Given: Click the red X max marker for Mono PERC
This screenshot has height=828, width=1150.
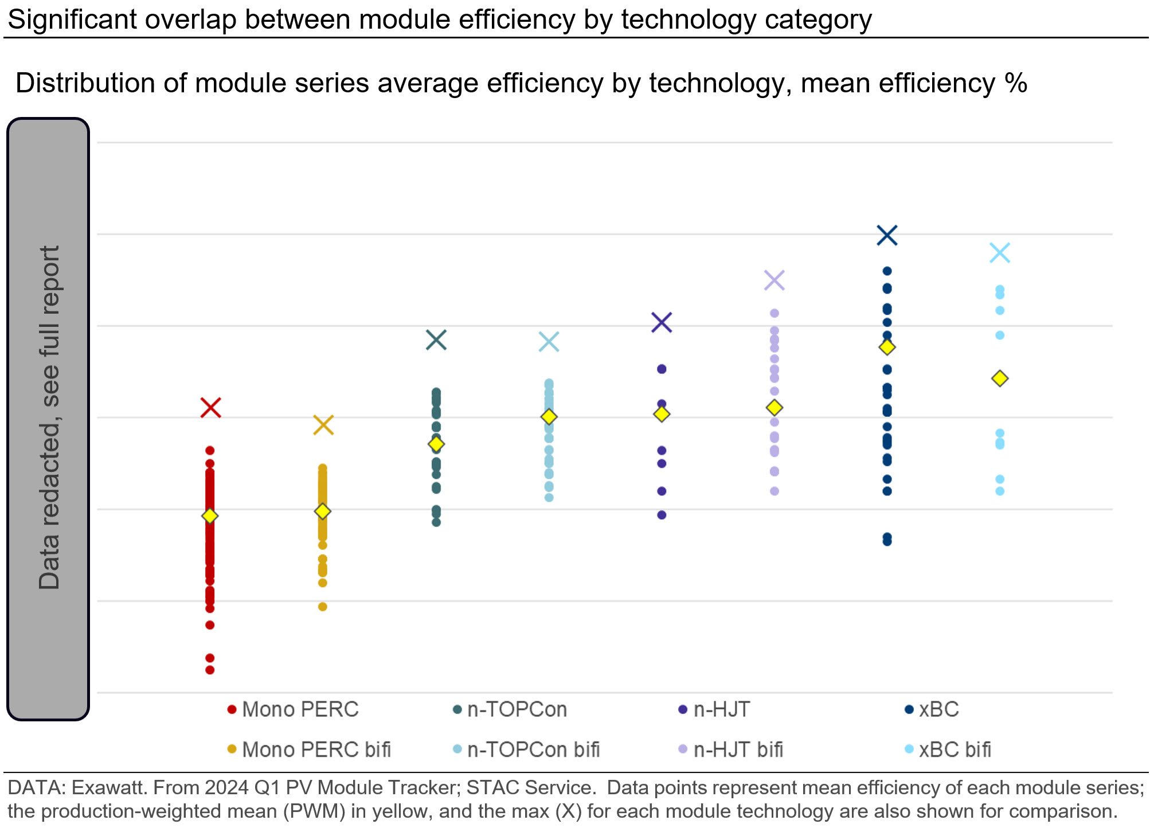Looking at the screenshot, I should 210,408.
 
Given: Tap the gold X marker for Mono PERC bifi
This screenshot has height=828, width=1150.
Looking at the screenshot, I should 323,425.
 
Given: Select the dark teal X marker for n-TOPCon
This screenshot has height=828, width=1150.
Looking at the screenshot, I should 436,340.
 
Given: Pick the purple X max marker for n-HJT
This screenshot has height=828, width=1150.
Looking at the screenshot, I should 662,322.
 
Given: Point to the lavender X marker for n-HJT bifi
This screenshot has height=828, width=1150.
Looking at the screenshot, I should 775,280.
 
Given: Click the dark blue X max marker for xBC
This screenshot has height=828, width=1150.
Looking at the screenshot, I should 887,235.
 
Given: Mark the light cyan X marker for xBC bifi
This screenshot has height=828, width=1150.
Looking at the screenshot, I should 1000,253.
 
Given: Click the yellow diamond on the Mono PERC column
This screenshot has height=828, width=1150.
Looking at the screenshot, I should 210,516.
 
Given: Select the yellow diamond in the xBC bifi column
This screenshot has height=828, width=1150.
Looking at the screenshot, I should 1000,378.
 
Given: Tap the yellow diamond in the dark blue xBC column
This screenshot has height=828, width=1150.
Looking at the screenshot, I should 887,347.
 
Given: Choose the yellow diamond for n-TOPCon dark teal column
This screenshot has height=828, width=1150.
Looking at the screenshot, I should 436,444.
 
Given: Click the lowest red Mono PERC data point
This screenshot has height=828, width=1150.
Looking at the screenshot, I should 210,670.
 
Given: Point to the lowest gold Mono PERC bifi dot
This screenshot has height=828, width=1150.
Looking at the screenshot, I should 323,607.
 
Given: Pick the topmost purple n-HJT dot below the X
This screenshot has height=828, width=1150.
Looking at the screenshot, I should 662,369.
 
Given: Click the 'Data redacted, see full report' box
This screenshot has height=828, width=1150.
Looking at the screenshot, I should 48,419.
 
